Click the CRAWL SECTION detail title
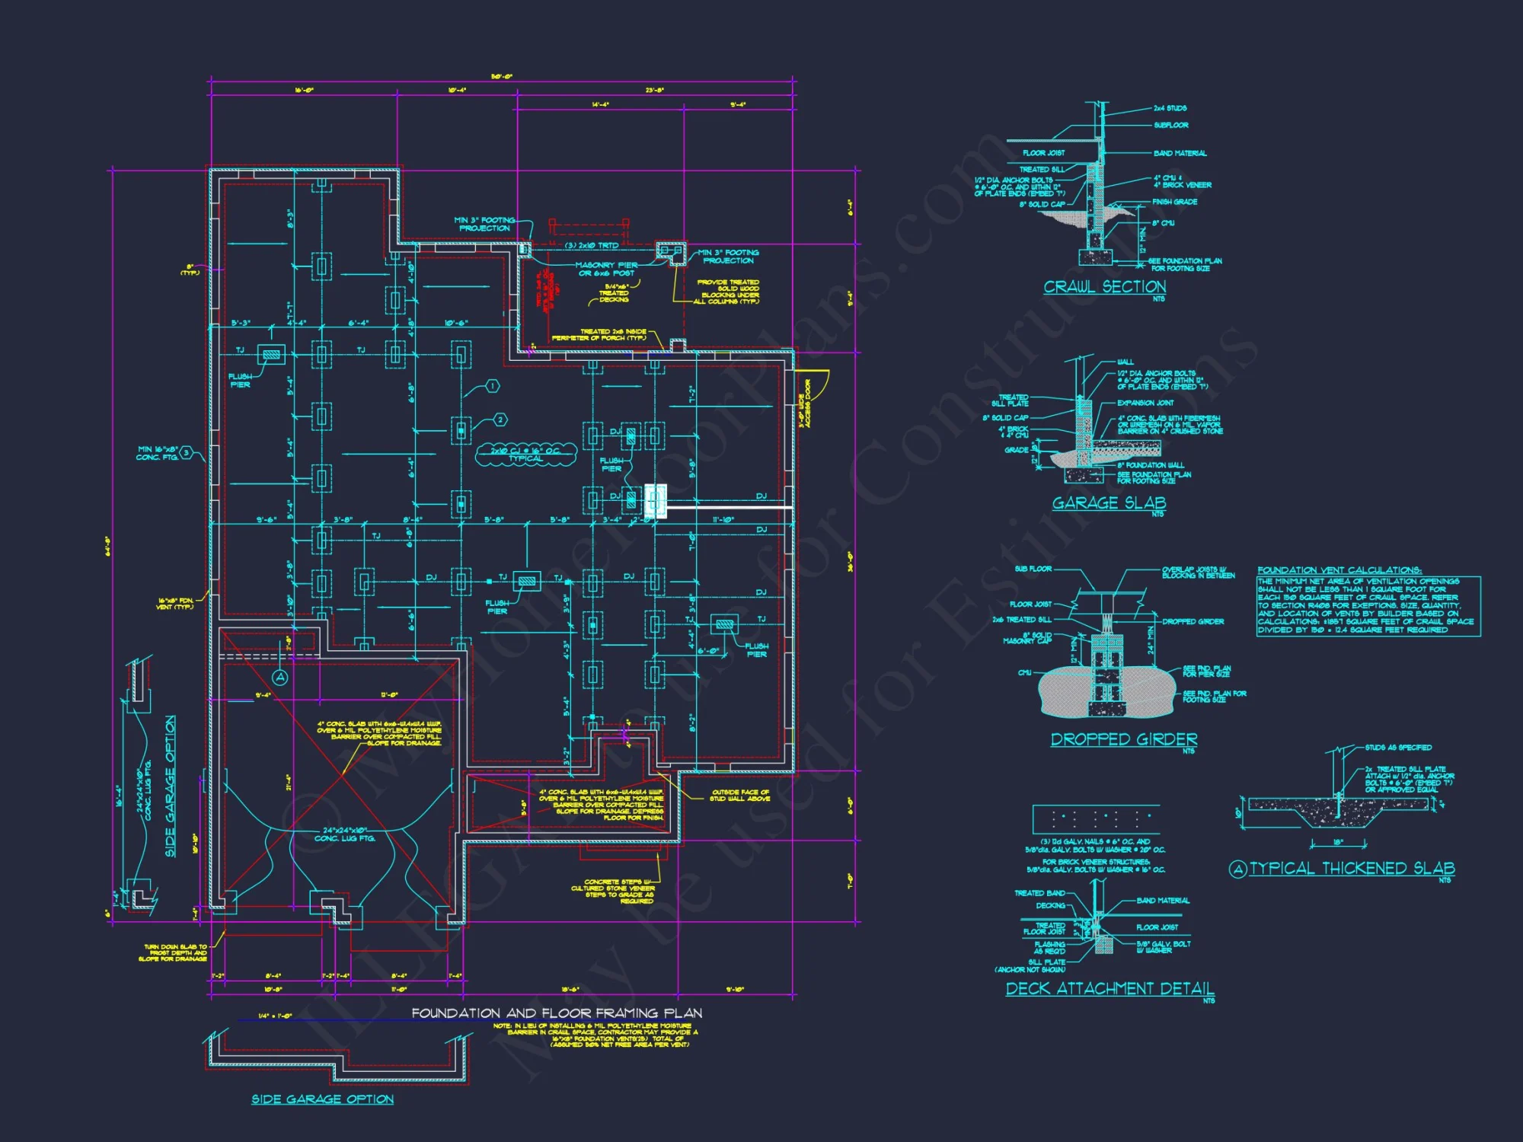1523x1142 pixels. [x=1104, y=287]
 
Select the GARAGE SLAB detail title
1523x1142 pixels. [x=1109, y=502]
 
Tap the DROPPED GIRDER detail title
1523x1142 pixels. [x=1124, y=739]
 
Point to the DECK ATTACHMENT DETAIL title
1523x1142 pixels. [x=1110, y=988]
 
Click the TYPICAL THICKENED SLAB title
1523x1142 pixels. [x=1352, y=869]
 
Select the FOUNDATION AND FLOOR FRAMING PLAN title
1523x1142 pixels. [x=557, y=1013]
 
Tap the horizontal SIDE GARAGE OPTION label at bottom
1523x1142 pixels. [x=322, y=1099]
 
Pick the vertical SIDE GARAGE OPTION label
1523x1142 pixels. [x=170, y=786]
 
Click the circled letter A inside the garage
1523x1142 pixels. [x=280, y=677]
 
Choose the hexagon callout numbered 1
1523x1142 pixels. [x=493, y=387]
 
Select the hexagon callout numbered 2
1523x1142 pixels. [x=500, y=419]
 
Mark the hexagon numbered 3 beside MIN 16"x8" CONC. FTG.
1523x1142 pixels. [x=185, y=452]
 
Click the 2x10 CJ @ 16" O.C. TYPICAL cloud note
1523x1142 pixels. [x=525, y=455]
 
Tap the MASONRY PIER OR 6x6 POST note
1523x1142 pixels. [x=606, y=269]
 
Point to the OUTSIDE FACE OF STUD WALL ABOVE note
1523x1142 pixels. [x=739, y=796]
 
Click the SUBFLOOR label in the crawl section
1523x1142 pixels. [x=1170, y=125]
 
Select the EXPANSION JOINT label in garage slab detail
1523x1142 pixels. [x=1145, y=403]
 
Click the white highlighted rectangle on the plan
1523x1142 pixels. [x=656, y=501]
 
